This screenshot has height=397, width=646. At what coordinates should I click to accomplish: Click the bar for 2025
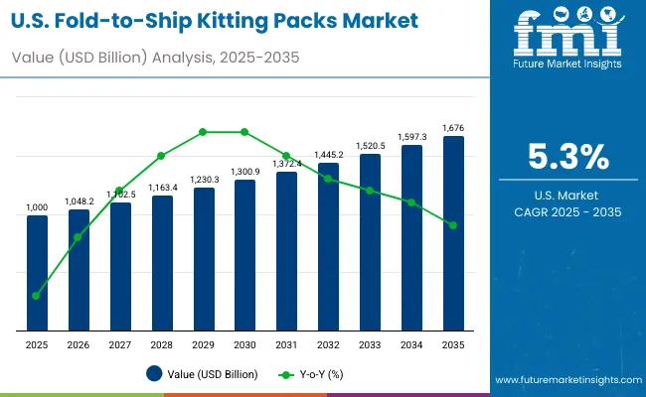pos(37,273)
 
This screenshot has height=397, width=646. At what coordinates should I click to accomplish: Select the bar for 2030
pos(244,255)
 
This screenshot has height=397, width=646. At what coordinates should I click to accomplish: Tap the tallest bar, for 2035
pos(452,233)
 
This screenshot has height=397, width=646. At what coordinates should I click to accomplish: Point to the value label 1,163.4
pos(162,188)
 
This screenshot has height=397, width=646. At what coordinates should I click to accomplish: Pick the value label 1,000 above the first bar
pos(37,207)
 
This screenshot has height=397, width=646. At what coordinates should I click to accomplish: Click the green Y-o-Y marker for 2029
pos(203,131)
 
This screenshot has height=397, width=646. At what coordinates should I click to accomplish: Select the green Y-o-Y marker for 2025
pos(37,296)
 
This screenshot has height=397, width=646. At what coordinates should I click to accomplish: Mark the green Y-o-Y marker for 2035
pos(452,225)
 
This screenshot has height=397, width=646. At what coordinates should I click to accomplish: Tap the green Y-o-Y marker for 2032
pos(328,179)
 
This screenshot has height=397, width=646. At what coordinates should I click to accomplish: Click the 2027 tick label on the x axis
pos(120,344)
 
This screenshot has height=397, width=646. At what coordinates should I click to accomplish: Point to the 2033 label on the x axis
pos(370,344)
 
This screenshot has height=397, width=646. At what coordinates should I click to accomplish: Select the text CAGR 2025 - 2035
pos(566,212)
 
